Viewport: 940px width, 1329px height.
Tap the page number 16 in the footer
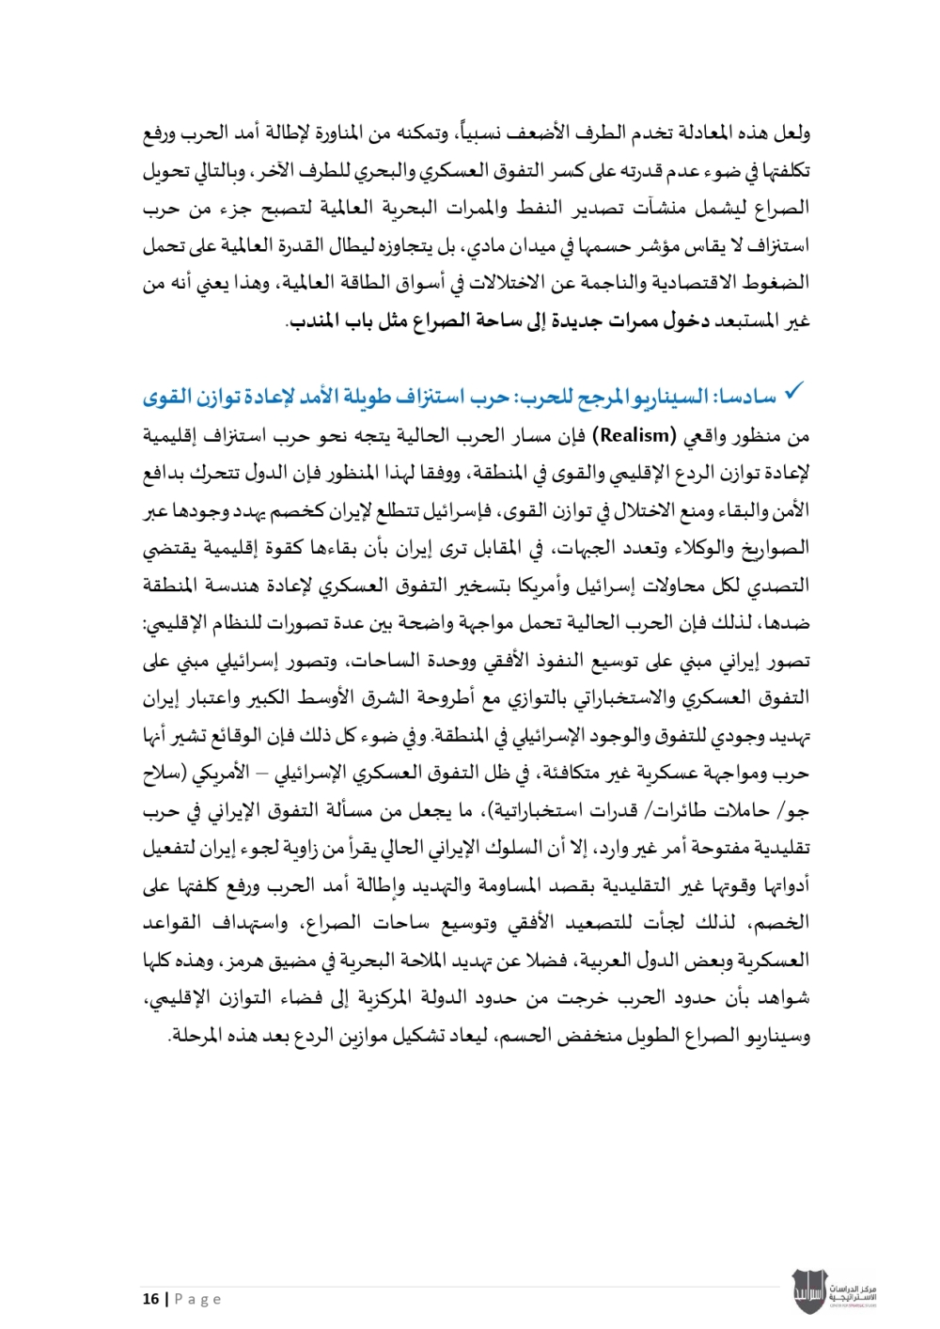pyautogui.click(x=150, y=1299)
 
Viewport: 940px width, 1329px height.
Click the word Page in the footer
pyautogui.click(x=198, y=1299)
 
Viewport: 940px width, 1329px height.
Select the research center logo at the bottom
pyautogui.click(x=835, y=1291)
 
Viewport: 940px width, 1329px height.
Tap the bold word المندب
pyautogui.click(x=314, y=321)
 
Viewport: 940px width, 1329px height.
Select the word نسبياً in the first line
pyautogui.click(x=469, y=133)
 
